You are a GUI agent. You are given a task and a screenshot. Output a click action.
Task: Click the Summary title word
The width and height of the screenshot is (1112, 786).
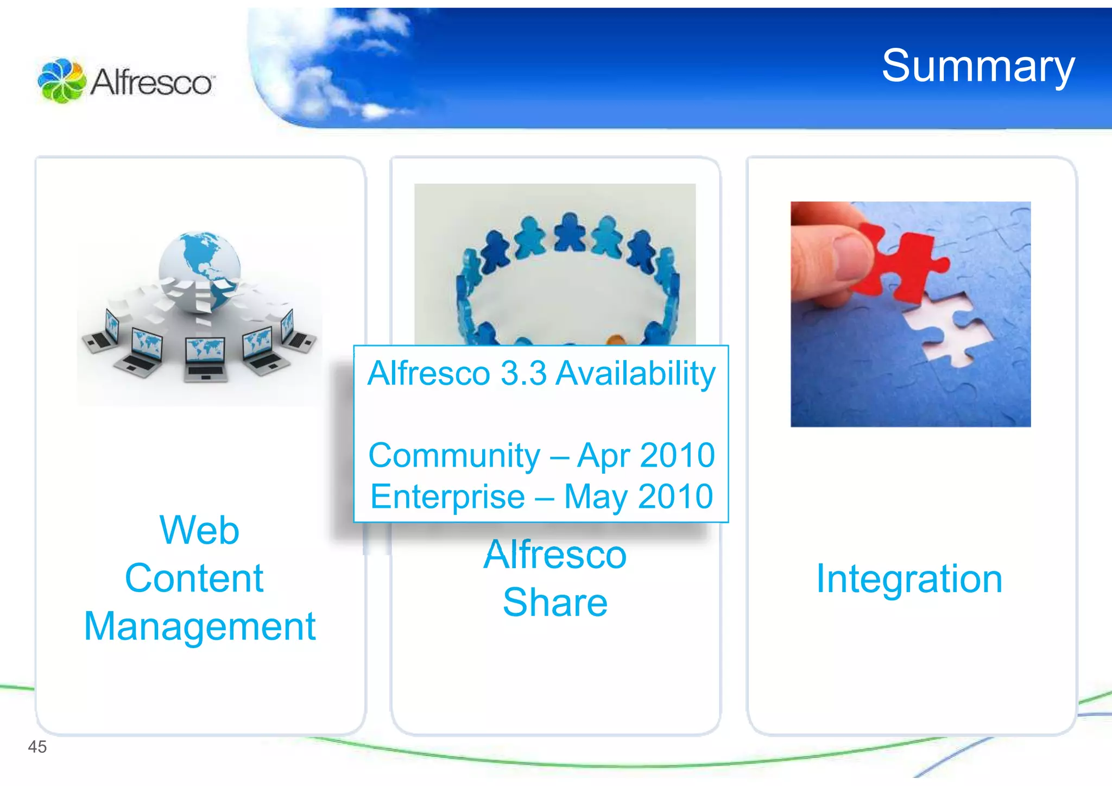click(x=977, y=66)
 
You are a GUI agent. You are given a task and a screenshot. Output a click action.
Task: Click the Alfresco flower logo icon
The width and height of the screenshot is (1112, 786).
click(x=61, y=80)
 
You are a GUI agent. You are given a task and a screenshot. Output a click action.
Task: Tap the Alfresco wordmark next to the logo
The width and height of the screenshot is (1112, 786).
click(x=152, y=83)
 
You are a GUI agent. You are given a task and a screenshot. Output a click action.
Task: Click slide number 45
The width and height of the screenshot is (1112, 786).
click(x=37, y=747)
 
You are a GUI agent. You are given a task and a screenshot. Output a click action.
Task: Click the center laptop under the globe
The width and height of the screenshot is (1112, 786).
click(x=204, y=359)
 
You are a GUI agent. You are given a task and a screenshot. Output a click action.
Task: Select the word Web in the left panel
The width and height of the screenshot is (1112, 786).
click(x=199, y=530)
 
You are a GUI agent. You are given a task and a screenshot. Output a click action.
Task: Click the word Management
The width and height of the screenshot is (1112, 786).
click(x=200, y=627)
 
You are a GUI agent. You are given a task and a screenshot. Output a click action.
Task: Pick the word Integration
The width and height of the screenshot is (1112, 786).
click(x=909, y=579)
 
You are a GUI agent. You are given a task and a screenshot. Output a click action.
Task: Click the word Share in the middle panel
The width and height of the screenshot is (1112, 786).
click(x=555, y=602)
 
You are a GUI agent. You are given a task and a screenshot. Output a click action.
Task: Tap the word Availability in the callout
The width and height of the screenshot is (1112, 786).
click(x=636, y=374)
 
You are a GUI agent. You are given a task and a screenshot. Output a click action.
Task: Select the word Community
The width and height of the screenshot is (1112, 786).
click(x=454, y=455)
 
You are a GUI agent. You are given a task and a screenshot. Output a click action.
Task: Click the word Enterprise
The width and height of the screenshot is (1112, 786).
click(x=447, y=496)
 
